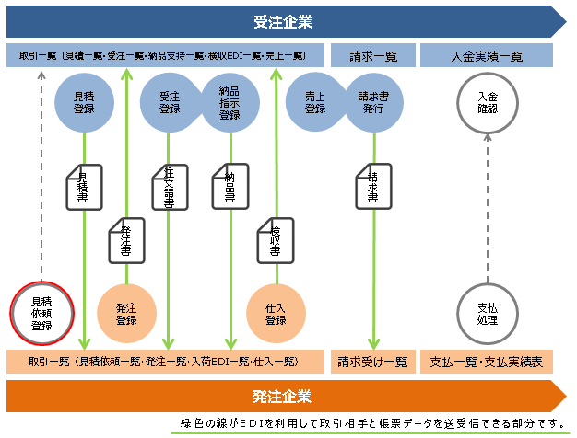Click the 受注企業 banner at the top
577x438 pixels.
click(x=282, y=21)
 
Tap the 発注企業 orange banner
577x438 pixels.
click(x=282, y=397)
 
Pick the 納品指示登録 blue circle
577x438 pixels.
click(x=230, y=101)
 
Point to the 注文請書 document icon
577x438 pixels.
click(x=170, y=190)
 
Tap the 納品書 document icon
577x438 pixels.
click(x=230, y=187)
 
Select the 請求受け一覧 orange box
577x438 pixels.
click(x=372, y=362)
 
